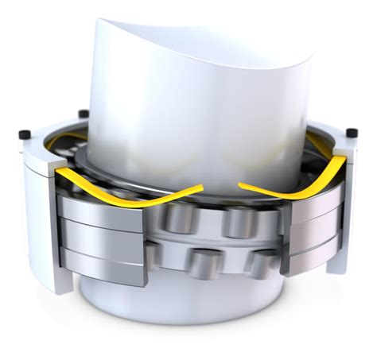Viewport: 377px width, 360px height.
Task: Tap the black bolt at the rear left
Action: click(x=83, y=114)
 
